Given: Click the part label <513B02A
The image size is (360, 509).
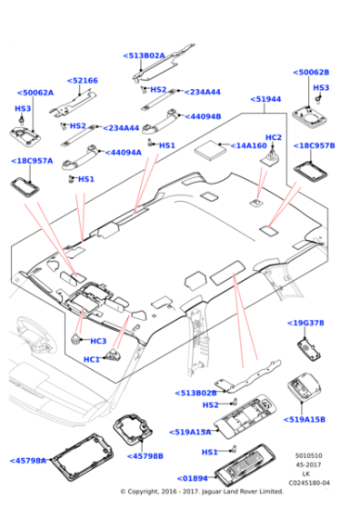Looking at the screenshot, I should pos(144,55).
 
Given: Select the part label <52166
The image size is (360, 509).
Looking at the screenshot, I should pos(84,81).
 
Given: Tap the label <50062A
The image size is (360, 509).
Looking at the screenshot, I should pos(35,92).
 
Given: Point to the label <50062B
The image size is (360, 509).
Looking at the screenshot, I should pos(311,72).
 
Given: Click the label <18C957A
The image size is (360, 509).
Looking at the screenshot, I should pos(32,161).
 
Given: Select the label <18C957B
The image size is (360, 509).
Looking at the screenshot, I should pos(314,145).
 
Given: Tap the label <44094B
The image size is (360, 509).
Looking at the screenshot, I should pos(202,116).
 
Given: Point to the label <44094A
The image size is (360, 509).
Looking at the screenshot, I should pos(123,153).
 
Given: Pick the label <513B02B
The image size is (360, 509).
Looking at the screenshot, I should pos(196,393).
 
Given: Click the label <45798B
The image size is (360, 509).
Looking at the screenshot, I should pos(145,455).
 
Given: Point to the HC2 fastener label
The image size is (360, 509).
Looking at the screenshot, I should pos(273,137).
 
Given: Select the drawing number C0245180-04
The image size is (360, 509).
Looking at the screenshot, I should pos(312,483).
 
